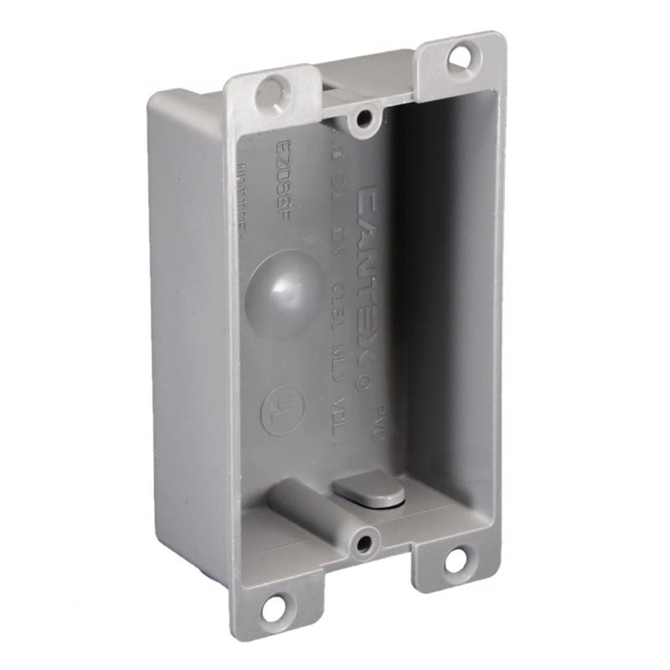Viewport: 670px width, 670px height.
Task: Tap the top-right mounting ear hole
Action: [x=459, y=59]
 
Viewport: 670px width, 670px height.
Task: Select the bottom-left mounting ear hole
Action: [x=274, y=609]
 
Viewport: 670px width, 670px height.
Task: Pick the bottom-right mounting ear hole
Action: [x=455, y=561]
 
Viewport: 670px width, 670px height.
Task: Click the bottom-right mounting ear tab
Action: [x=452, y=565]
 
